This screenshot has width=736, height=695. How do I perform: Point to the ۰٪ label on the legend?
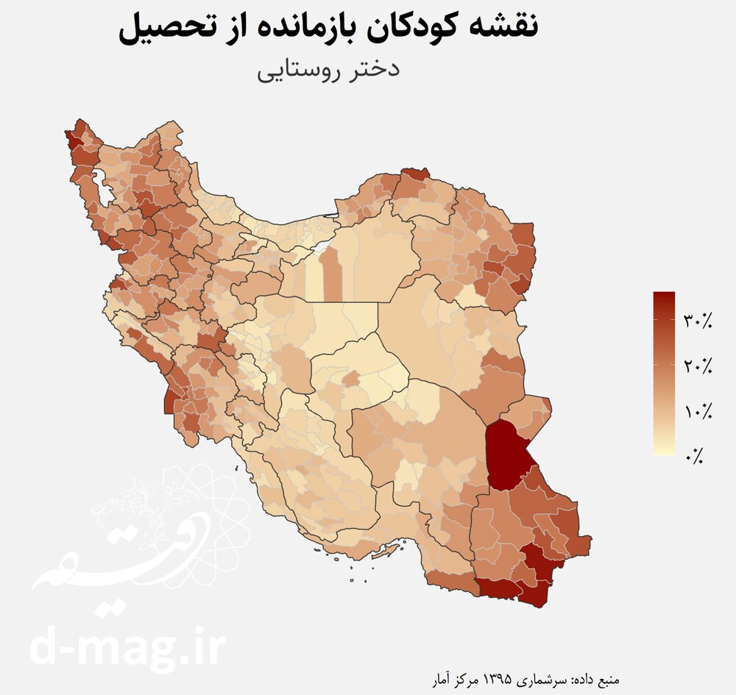(x=694, y=457)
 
